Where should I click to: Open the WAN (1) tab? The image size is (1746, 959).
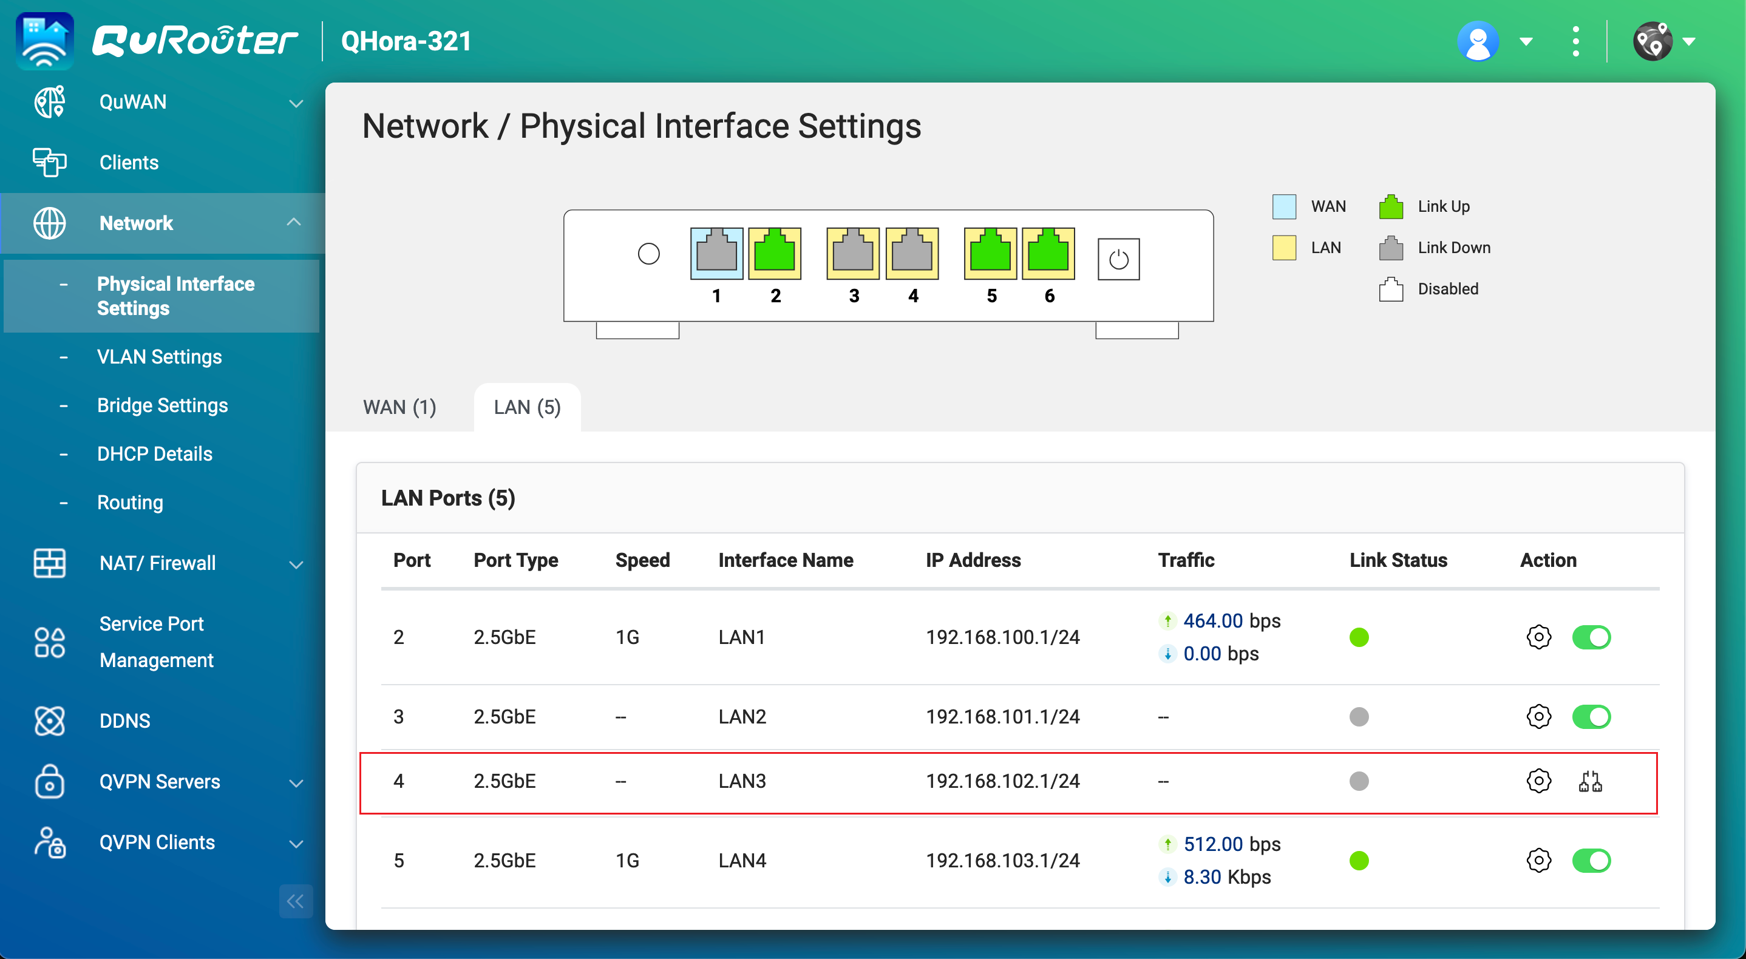399,407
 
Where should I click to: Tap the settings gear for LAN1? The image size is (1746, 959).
1538,637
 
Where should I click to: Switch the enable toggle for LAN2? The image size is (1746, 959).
1591,716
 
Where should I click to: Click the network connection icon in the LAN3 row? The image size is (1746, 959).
1590,781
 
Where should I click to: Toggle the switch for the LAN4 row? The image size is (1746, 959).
1591,861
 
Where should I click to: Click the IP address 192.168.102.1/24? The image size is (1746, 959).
1002,781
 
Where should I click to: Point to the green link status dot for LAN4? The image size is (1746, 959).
1359,861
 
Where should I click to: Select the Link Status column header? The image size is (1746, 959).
1398,560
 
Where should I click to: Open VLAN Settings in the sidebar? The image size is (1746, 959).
159,356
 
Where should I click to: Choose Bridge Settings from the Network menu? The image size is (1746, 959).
162,405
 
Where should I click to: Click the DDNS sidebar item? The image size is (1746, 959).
124,720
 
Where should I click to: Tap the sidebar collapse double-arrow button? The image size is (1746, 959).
296,901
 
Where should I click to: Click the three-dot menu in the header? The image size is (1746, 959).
1575,41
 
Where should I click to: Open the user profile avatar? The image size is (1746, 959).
1478,41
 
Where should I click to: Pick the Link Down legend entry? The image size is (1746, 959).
1453,248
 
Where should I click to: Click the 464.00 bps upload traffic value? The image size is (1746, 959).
1231,621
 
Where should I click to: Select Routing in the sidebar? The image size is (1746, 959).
130,502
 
